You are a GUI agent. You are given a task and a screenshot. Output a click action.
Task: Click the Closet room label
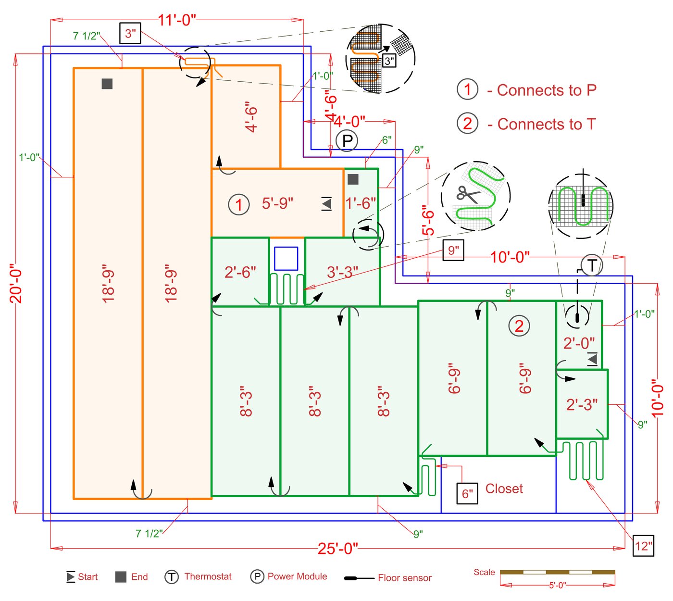pyautogui.click(x=504, y=488)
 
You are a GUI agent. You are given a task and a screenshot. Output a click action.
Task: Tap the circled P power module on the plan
pyautogui.click(x=347, y=141)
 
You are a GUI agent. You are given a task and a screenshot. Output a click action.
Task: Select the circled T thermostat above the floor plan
pyautogui.click(x=592, y=265)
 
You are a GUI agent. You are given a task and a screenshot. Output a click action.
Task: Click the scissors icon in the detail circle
pyautogui.click(x=467, y=194)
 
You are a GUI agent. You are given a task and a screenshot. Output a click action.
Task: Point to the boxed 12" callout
pyautogui.click(x=643, y=546)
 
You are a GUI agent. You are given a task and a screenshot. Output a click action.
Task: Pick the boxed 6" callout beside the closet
pyautogui.click(x=467, y=494)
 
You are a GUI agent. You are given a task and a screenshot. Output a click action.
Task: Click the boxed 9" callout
pyautogui.click(x=453, y=250)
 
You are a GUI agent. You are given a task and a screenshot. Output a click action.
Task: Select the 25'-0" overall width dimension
pyautogui.click(x=338, y=548)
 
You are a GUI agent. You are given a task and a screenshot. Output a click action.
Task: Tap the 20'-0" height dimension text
pyautogui.click(x=16, y=283)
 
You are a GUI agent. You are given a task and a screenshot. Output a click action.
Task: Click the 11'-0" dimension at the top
pyautogui.click(x=177, y=20)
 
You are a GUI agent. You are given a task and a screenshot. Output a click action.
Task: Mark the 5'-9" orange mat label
pyautogui.click(x=277, y=203)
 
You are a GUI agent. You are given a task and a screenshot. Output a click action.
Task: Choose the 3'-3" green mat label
pyautogui.click(x=342, y=272)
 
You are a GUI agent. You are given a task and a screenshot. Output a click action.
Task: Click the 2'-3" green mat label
pyautogui.click(x=582, y=404)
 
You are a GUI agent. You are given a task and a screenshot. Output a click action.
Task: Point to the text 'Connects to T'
pyautogui.click(x=546, y=124)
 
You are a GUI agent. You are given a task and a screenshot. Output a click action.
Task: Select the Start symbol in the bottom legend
pyautogui.click(x=71, y=576)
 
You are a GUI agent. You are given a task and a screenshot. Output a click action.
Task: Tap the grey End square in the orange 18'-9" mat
pyautogui.click(x=107, y=84)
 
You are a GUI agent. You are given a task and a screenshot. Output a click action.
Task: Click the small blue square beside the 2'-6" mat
pyautogui.click(x=286, y=259)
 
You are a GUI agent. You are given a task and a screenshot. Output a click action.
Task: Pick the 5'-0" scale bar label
pyautogui.click(x=557, y=585)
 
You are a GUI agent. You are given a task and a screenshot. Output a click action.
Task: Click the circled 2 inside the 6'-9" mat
pyautogui.click(x=519, y=326)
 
